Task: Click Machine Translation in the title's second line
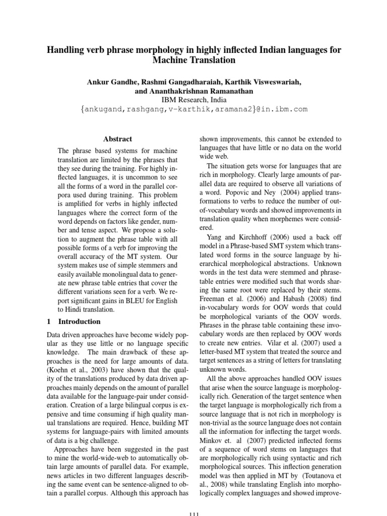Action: pos(193,60)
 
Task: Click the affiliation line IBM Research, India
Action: pos(193,100)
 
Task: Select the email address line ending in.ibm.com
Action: pos(193,109)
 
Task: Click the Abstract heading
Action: pos(117,139)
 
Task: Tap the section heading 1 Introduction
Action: pos(74,321)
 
